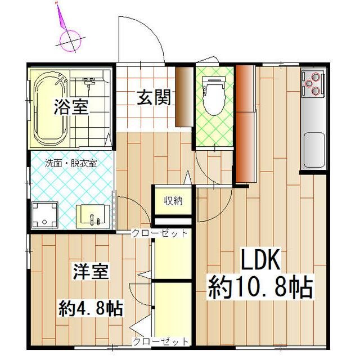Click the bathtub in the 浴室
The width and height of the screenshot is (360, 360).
(x=50, y=107)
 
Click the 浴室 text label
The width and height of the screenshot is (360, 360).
(x=71, y=107)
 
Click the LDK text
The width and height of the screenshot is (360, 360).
(x=260, y=261)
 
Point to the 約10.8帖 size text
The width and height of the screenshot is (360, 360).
(x=260, y=287)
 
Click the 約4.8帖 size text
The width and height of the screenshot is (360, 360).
(x=92, y=308)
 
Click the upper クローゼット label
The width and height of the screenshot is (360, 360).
(x=159, y=233)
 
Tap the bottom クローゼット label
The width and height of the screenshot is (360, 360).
(x=160, y=341)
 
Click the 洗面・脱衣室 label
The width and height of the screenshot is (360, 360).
(x=71, y=163)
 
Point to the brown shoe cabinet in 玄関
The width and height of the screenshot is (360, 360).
(x=183, y=97)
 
